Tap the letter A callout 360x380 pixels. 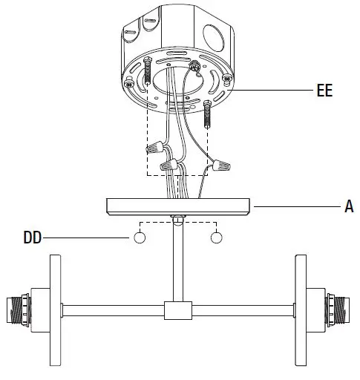(349, 207)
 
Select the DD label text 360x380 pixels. (32, 238)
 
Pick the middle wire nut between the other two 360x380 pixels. (171, 163)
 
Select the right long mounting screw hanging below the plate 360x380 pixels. (207, 117)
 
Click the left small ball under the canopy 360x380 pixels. (138, 238)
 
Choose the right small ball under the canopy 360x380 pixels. (217, 238)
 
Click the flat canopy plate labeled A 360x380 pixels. (179, 206)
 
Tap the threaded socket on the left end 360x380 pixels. (19, 309)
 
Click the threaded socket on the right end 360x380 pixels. (338, 309)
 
